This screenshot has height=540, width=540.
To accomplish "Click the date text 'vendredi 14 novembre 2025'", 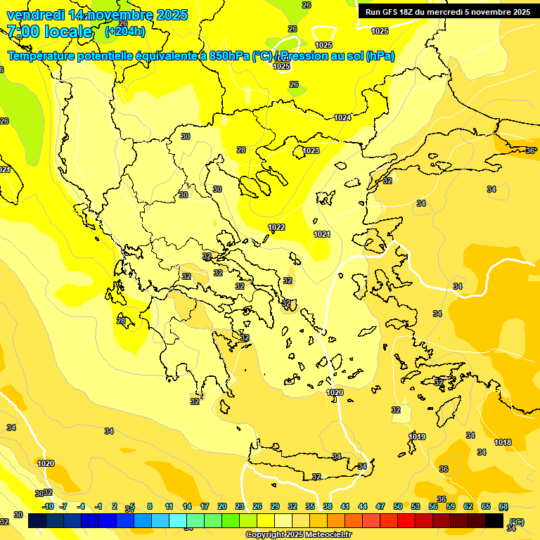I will click(97, 15).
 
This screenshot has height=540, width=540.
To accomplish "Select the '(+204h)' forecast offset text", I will click(125, 32).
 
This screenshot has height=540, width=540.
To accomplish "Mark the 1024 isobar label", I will click(342, 117).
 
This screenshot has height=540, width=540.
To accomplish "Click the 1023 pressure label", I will click(311, 150).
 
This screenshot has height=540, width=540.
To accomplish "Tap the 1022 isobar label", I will click(276, 227).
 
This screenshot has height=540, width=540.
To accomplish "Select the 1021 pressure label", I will click(322, 234).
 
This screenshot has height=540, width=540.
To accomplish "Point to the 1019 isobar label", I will click(417, 437).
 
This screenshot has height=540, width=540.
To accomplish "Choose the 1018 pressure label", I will click(503, 442).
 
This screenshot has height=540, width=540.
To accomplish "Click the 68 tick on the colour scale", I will click(503, 506).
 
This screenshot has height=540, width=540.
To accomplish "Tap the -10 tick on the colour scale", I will click(48, 506).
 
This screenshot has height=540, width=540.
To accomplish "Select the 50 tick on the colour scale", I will click(398, 506).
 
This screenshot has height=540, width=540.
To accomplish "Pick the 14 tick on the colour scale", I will click(187, 506).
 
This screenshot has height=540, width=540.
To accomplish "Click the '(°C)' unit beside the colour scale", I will click(517, 522).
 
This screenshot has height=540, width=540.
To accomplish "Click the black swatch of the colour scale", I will click(494, 521).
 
